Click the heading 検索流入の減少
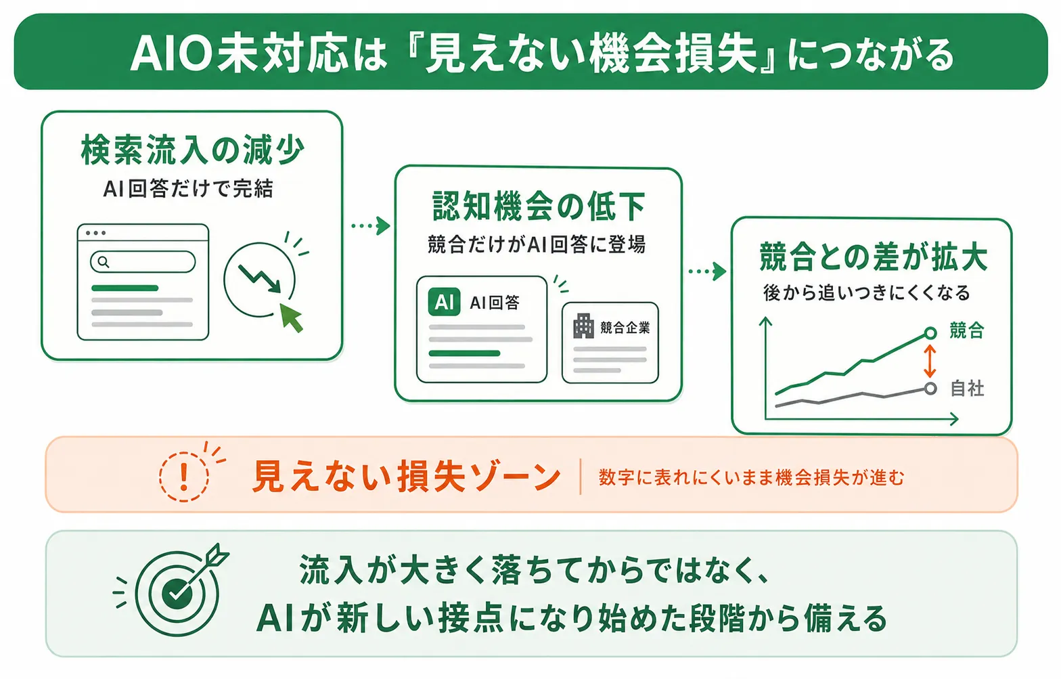[x=192, y=150]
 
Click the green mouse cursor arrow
[x=291, y=317]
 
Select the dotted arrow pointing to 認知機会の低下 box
[x=370, y=225]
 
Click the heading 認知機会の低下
[x=539, y=206]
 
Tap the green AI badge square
[x=444, y=302]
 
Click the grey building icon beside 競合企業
[x=583, y=326]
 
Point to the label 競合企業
[x=625, y=328]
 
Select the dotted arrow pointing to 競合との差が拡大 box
[x=707, y=271]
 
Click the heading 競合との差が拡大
[x=873, y=257]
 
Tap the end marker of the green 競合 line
[x=930, y=333]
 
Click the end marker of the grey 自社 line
[x=930, y=389]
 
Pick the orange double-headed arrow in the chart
[x=930, y=361]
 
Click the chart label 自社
[x=967, y=389]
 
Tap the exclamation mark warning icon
[x=184, y=476]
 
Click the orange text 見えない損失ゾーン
[x=407, y=476]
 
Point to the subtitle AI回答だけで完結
[x=188, y=189]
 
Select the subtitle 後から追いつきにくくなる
[x=866, y=293]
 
